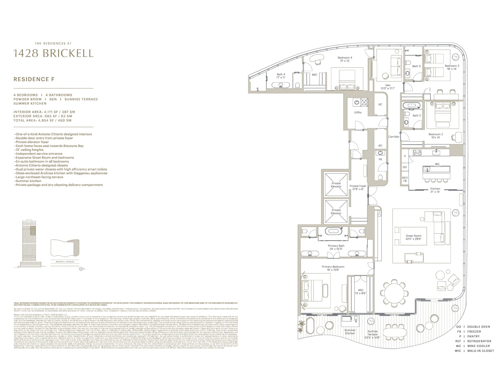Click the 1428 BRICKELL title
click(53, 53)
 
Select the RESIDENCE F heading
click(34, 79)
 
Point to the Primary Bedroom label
click(333, 267)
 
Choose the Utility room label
click(358, 112)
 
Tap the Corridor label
click(394, 137)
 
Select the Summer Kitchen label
click(350, 332)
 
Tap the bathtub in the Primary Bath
click(334, 231)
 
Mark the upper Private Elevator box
click(336, 185)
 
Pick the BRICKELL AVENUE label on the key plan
click(65, 262)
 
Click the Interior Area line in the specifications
click(44, 112)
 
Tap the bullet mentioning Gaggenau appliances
click(61, 173)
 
